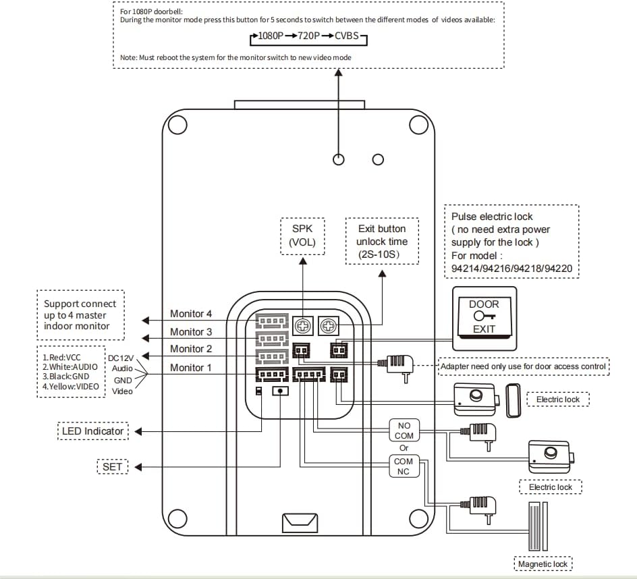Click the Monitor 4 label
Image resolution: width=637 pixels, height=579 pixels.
point(190,314)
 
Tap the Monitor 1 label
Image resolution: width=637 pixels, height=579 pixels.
point(190,368)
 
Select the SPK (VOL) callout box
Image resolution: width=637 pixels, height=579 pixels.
point(302,236)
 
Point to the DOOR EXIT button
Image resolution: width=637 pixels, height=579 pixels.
point(484,316)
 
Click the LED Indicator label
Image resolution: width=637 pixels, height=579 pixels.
point(93,431)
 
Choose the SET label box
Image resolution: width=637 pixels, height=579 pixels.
point(112,467)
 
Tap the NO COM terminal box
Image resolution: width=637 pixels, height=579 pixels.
point(404,431)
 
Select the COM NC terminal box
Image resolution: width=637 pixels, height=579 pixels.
point(404,466)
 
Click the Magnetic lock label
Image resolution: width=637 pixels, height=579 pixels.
point(543,564)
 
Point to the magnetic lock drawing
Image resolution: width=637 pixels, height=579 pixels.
point(537,527)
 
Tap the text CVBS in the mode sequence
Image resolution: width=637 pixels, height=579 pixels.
point(347,36)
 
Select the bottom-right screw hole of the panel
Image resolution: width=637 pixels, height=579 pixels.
point(420,518)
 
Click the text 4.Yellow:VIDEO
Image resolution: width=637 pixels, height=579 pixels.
point(70,387)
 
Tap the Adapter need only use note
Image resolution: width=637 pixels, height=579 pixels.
point(523,367)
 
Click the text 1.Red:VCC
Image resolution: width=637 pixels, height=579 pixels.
point(61,357)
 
